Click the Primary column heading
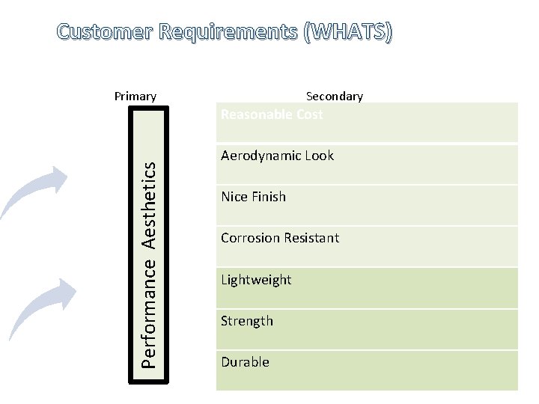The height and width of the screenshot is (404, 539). [x=135, y=96]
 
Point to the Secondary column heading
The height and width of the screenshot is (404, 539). [x=335, y=96]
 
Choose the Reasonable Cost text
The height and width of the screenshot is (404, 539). [x=272, y=114]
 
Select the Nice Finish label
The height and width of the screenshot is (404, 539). [x=253, y=197]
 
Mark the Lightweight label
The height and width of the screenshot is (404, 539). [x=256, y=280]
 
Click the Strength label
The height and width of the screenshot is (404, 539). [x=247, y=321]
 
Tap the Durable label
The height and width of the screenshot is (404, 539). [x=245, y=362]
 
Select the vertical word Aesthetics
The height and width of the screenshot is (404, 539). [x=150, y=204]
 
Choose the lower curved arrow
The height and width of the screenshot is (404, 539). [x=43, y=307]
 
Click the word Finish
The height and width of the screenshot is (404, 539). [x=269, y=197]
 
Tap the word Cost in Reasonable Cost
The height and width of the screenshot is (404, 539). [x=308, y=114]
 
